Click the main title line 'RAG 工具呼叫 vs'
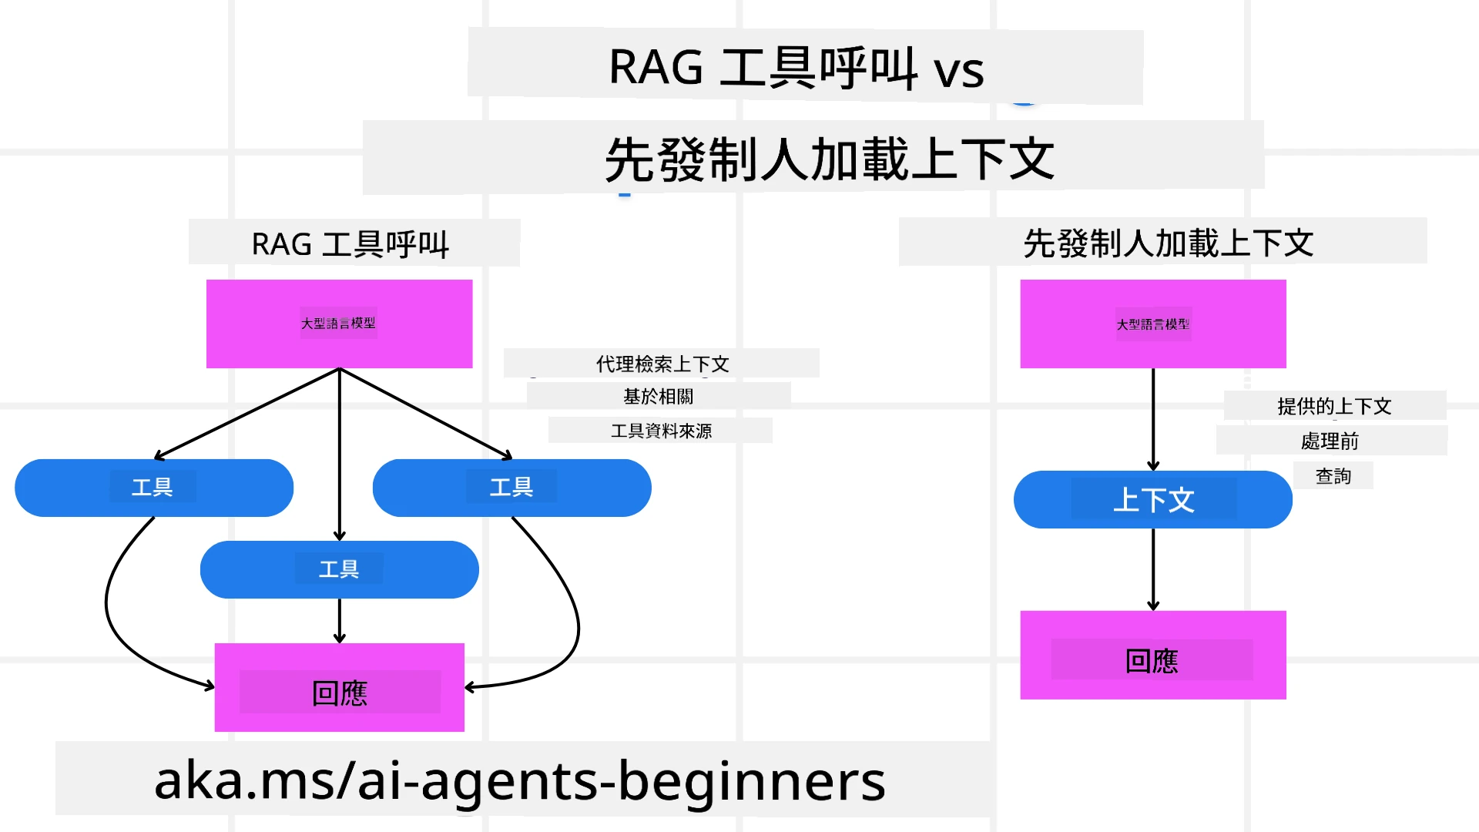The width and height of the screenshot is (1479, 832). (x=797, y=68)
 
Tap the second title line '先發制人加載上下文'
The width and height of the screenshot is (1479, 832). (x=829, y=159)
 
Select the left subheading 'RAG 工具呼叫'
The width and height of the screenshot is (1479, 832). (x=350, y=244)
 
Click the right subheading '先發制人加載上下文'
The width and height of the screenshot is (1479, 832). (x=1168, y=243)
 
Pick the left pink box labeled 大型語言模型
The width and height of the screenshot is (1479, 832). (x=339, y=324)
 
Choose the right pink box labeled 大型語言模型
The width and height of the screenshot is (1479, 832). (x=1152, y=324)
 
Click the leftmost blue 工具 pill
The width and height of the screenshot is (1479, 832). (x=153, y=488)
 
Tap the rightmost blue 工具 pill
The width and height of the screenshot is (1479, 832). (x=511, y=488)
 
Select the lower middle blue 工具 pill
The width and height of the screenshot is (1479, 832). (x=339, y=569)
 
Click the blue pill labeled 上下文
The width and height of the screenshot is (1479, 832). (x=1152, y=500)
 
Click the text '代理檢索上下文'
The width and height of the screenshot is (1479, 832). (x=662, y=364)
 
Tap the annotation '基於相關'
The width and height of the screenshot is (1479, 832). (x=658, y=396)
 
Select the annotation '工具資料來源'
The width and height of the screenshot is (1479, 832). (x=661, y=431)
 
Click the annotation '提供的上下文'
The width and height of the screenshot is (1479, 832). (x=1334, y=406)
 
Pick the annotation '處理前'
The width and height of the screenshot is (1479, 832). (x=1330, y=441)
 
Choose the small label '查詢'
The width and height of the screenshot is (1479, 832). (x=1333, y=476)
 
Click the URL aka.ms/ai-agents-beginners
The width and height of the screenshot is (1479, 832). (x=520, y=780)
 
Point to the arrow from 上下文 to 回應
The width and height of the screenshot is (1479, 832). (x=1152, y=570)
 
